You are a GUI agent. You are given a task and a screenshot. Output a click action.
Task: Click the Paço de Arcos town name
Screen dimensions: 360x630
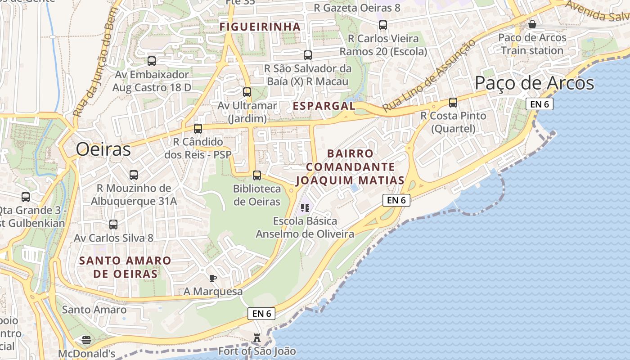click(534, 83)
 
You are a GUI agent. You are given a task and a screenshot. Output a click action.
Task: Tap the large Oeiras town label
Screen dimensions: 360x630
click(103, 149)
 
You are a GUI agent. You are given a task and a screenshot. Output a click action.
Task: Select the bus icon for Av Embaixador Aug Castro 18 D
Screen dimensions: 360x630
click(152, 61)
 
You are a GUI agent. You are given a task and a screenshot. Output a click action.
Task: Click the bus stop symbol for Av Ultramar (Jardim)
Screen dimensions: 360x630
click(247, 92)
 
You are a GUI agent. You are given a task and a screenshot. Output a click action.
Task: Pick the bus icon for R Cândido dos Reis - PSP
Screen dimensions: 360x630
click(198, 129)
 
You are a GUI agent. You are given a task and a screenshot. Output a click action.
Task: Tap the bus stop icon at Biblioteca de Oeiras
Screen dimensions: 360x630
click(257, 175)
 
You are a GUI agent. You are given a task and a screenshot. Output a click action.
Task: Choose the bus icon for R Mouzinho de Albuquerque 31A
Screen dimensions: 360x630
click(134, 175)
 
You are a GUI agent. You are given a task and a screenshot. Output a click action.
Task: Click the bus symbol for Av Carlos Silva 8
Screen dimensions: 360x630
click(113, 224)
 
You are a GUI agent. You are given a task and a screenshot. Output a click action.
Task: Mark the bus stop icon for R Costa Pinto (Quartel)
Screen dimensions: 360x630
click(453, 103)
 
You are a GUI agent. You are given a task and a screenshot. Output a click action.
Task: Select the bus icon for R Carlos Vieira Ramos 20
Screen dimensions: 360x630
click(383, 25)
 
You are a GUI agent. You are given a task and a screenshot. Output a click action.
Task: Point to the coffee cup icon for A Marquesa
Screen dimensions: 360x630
click(213, 278)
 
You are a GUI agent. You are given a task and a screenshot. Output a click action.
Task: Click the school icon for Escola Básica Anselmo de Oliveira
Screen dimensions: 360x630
click(305, 207)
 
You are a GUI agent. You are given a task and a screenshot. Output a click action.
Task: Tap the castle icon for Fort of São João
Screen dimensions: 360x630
click(257, 337)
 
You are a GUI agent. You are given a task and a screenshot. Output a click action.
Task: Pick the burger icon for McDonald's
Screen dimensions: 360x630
click(86, 340)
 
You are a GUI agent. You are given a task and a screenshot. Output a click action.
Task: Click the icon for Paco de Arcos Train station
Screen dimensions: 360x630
click(532, 24)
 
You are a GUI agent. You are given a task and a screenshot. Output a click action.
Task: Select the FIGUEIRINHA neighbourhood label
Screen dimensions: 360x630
click(260, 27)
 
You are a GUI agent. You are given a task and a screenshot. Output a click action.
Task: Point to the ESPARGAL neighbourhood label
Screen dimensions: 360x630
click(324, 106)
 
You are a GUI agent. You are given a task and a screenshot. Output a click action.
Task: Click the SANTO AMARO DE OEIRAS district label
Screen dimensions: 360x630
click(125, 267)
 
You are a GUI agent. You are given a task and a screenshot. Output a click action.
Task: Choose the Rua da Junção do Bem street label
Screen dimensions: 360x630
click(95, 63)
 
